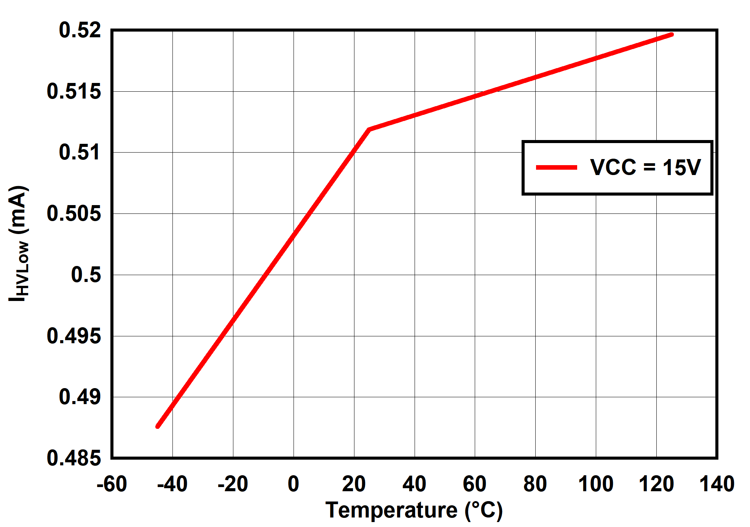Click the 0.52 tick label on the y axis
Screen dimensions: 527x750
tap(80, 30)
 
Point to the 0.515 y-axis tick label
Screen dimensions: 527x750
tap(74, 92)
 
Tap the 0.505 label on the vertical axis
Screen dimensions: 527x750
tap(74, 213)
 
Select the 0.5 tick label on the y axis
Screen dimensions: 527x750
tap(86, 275)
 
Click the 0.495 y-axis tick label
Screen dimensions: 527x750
tap(74, 336)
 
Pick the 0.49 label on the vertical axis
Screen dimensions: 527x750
tap(80, 397)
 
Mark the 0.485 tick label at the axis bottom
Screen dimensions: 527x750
tap(74, 458)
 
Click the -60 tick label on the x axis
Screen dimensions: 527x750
tap(112, 484)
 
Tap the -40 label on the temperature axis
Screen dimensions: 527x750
tap(172, 484)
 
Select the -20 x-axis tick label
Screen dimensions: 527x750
tap(233, 484)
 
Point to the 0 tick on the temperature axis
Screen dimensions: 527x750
tap(294, 484)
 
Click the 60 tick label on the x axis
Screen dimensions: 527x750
tap(475, 484)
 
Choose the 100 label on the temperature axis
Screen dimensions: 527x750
tap(596, 484)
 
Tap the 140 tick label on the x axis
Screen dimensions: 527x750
tap(717, 484)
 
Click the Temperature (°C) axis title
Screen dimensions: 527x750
tap(414, 510)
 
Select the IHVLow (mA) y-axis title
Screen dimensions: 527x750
tap(18, 244)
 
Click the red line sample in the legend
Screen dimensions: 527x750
tap(556, 167)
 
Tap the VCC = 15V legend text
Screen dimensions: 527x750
tap(645, 167)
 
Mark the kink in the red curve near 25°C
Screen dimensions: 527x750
tap(369, 130)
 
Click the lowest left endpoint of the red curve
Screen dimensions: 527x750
tap(158, 427)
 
